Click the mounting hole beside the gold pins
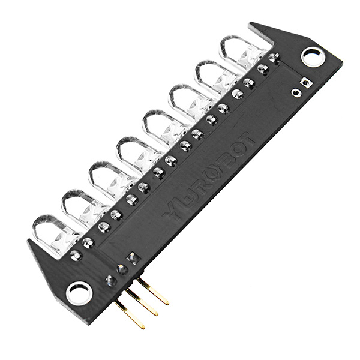pos(79,293)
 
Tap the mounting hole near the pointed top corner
pos(313,57)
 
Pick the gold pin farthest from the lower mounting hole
pos(154,292)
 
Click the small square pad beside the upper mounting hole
pos(307,83)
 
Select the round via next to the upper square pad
pos(296,92)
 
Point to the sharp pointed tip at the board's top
pos(251,25)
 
